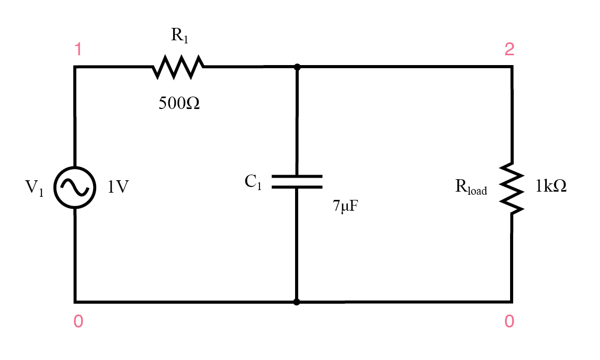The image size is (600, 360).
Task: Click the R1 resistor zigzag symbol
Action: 178,67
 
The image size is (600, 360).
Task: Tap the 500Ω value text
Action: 179,104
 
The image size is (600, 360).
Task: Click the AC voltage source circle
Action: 75,188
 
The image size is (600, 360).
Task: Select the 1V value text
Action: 118,187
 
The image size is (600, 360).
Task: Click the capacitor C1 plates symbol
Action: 297,181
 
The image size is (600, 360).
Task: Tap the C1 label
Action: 253,182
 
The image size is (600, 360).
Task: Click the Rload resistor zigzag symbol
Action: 512,188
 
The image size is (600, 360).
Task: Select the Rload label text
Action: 471,187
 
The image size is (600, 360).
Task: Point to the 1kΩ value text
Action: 551,186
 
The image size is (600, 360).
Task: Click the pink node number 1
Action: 78,50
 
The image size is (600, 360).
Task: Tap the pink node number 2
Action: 509,50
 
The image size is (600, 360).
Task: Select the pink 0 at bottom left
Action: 78,322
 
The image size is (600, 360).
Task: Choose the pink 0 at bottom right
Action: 509,322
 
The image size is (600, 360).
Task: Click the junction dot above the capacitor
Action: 297,67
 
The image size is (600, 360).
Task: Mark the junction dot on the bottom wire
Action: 297,302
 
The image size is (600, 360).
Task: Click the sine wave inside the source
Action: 75,188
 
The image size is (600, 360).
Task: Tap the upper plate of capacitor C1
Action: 297,176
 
